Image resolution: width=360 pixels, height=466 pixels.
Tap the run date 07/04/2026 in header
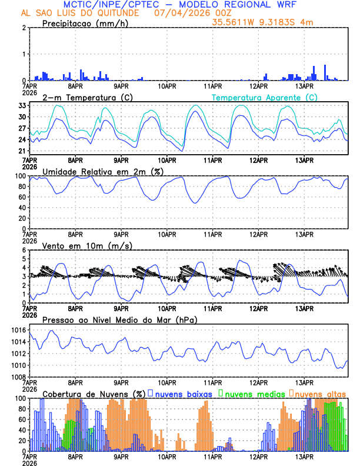coord(181,13)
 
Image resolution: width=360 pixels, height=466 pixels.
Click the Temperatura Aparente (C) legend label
coord(264,97)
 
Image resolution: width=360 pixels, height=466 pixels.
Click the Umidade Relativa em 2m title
coord(103,171)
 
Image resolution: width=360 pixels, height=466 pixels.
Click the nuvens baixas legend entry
coord(179,394)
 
